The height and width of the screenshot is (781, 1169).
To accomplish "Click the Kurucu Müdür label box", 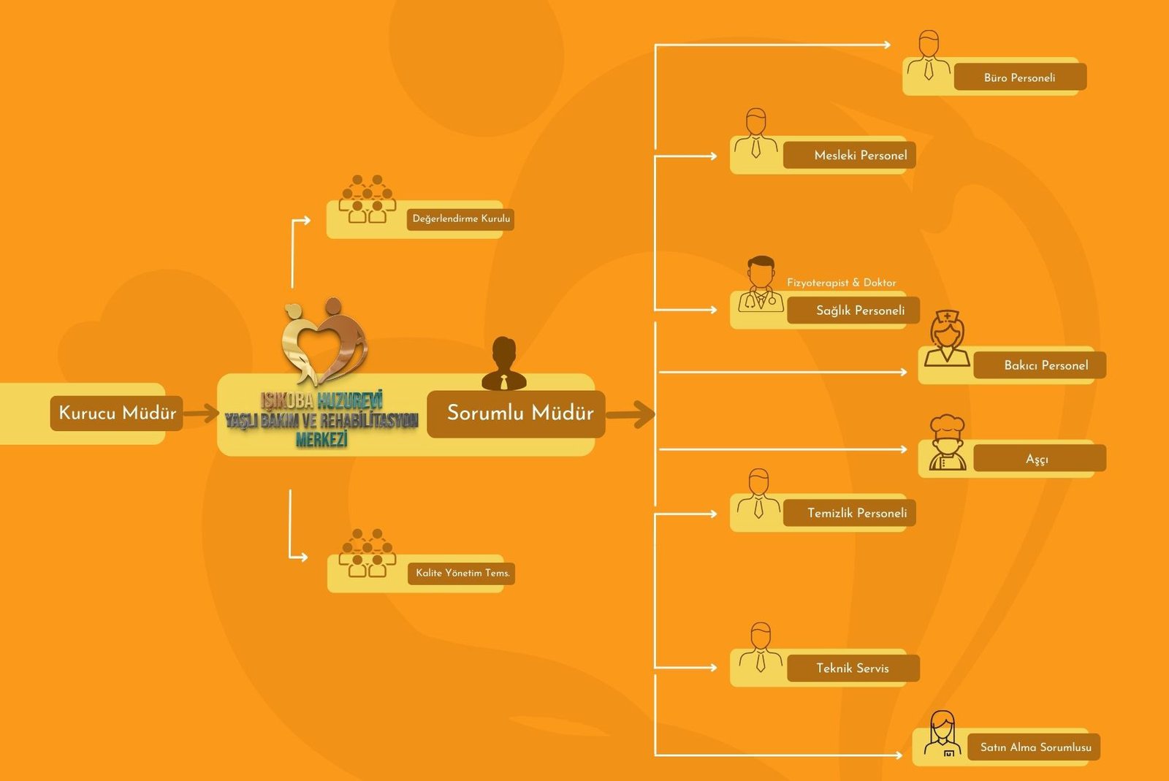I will click(116, 413).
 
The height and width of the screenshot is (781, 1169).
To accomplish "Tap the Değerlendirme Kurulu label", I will click(460, 218).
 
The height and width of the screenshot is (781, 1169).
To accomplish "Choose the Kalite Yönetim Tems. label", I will click(462, 573).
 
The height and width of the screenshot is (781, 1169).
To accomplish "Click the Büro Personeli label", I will click(1020, 77).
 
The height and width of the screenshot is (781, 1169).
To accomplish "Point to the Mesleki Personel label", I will click(849, 155).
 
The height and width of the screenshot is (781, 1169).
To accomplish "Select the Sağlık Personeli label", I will click(853, 311).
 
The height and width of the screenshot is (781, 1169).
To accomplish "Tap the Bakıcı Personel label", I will click(1040, 365).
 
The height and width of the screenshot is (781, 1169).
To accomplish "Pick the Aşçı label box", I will click(1040, 459).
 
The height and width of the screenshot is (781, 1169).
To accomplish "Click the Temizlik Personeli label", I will click(849, 513).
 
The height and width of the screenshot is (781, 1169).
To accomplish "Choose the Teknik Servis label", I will click(853, 668).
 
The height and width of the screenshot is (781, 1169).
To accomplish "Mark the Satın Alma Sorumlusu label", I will click(1034, 747).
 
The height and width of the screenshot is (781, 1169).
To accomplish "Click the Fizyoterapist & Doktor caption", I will click(841, 283).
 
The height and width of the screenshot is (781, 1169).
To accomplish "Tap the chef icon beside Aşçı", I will click(947, 443).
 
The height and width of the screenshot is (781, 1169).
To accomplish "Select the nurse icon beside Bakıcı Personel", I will click(947, 338).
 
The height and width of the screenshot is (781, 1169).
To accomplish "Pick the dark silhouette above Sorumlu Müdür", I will click(503, 364).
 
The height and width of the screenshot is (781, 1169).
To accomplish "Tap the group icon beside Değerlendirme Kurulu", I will click(367, 199).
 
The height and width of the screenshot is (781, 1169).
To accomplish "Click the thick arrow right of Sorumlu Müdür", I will click(631, 414).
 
